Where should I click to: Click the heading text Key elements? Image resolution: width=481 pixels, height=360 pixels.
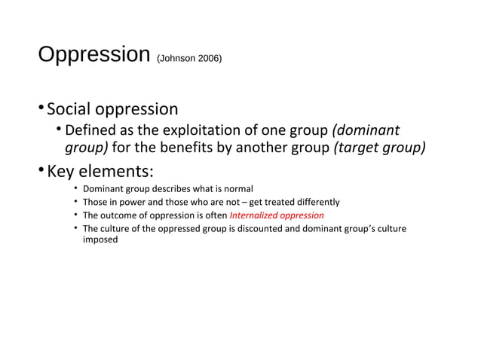point(101,169)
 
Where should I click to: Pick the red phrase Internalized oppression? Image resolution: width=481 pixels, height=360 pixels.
point(277,215)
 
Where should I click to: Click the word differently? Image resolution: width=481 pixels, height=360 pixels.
point(313,202)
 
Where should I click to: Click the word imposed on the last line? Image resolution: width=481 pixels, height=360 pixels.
point(100,241)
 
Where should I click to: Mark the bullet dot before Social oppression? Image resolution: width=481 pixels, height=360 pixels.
point(41,110)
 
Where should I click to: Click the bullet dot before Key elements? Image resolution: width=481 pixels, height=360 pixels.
point(41,169)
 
